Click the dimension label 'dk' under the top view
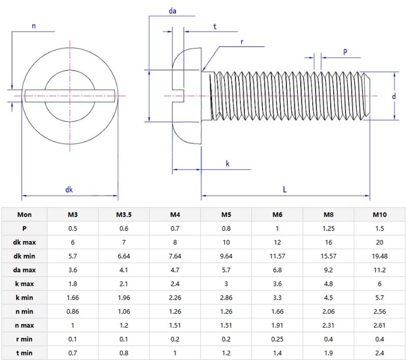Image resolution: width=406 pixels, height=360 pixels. [x=70, y=189]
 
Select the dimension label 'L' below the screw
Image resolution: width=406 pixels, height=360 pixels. [x=285, y=189]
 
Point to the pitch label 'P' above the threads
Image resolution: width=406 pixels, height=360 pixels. [x=345, y=52]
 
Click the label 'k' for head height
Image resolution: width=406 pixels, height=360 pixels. [x=227, y=163]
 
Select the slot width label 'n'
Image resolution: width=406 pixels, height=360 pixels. [x=33, y=26]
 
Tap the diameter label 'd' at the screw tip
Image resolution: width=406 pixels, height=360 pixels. [x=393, y=96]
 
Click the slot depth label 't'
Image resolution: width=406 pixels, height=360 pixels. [x=215, y=27]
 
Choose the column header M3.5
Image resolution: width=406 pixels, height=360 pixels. [x=124, y=214]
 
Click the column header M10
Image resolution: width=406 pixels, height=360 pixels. [x=380, y=214]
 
